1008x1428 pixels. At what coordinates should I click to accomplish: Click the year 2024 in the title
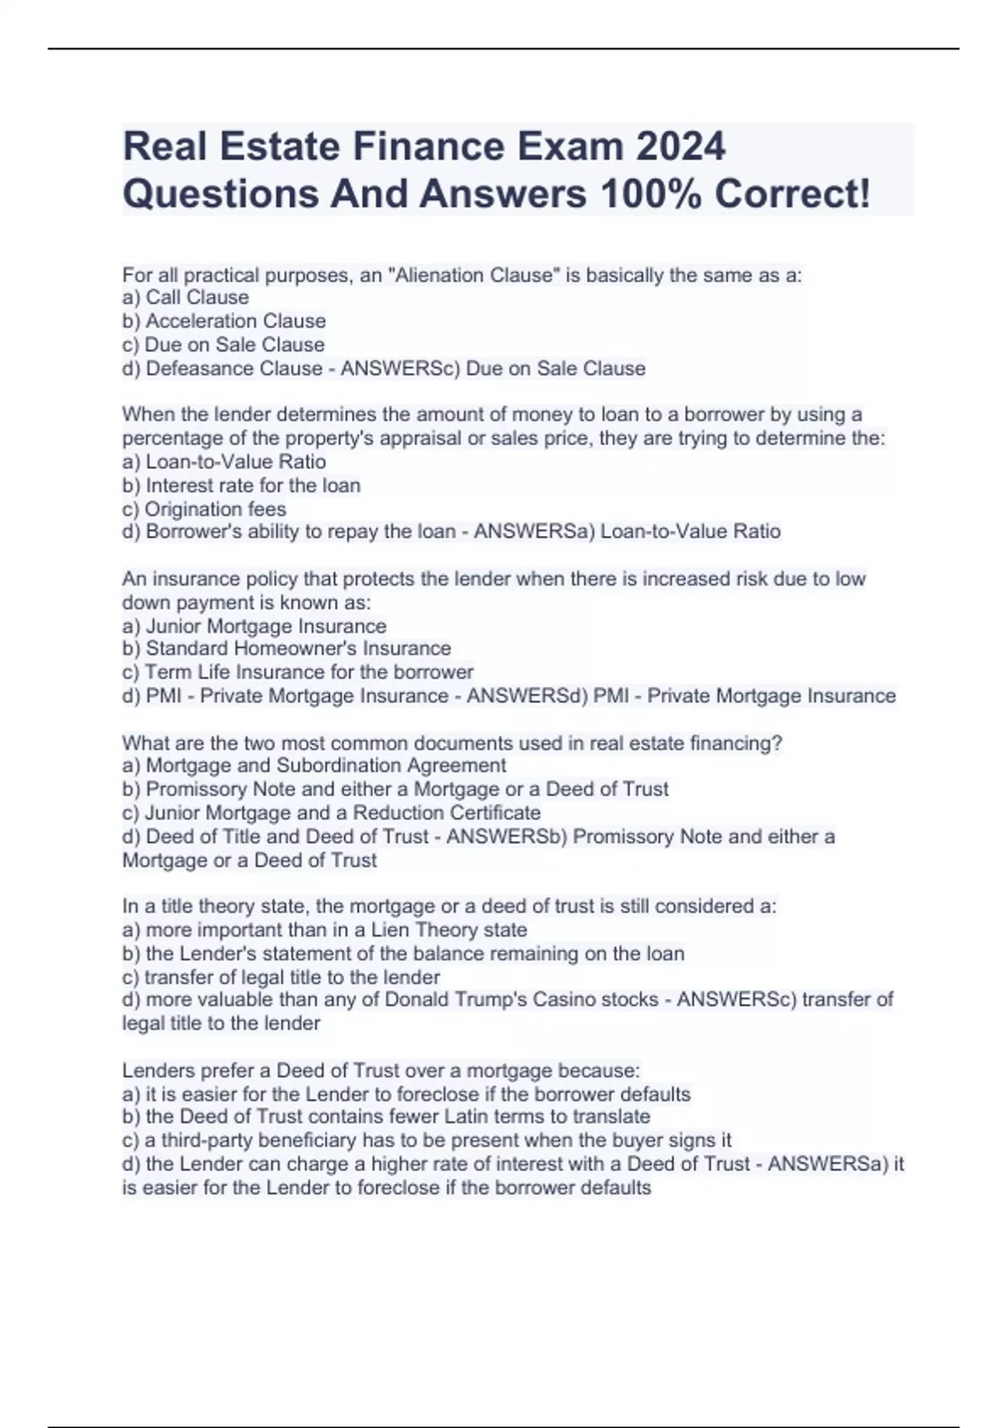(680, 146)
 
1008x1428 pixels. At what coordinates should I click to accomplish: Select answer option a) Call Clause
(186, 297)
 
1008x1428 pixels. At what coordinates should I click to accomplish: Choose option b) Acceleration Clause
(224, 321)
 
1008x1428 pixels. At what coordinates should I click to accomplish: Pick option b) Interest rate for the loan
(242, 486)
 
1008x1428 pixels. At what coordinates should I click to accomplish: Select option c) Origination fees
(204, 509)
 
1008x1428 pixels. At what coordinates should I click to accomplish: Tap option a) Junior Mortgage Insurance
(255, 626)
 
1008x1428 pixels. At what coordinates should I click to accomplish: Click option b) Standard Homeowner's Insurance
(286, 648)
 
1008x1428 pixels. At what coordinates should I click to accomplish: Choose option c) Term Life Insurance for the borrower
(298, 672)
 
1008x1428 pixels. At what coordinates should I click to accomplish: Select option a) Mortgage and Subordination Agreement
(314, 765)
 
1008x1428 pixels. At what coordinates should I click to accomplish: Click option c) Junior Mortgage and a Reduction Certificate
(332, 813)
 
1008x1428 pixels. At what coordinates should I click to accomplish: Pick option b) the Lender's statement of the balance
(403, 953)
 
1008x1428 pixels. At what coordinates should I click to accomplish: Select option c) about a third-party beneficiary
(427, 1140)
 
